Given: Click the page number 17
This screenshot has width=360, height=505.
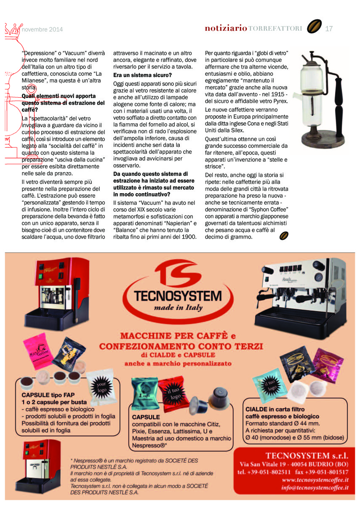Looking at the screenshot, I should pyautogui.click(x=329, y=29).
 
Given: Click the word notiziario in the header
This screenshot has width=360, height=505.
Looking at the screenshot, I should pyautogui.click(x=226, y=29).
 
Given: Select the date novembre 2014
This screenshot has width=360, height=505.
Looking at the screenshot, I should pyautogui.click(x=42, y=29).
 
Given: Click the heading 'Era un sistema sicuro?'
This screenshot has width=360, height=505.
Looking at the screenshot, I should pyautogui.click(x=142, y=75).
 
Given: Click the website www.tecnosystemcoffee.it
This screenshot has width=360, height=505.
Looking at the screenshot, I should pyautogui.click(x=315, y=480).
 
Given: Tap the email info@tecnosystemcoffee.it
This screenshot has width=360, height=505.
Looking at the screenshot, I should pyautogui.click(x=315, y=488).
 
